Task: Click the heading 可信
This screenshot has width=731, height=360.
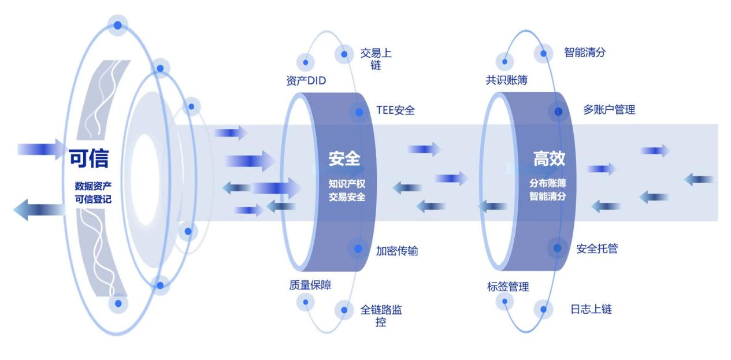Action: tap(89, 158)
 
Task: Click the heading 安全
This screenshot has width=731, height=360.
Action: tap(344, 158)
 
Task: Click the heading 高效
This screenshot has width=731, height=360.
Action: tap(549, 158)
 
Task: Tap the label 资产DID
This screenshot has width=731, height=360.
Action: tap(306, 81)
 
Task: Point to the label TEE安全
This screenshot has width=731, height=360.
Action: tap(395, 110)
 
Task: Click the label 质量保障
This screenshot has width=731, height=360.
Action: tap(310, 285)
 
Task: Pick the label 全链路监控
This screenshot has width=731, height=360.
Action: tap(381, 316)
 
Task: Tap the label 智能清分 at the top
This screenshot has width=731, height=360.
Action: tap(585, 53)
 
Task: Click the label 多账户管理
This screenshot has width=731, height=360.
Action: tap(609, 109)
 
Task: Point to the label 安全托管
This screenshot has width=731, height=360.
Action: tap(597, 248)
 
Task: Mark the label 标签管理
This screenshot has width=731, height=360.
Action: tap(508, 287)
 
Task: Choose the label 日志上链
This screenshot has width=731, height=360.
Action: tap(591, 309)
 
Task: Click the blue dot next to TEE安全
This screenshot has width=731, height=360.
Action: tap(359, 112)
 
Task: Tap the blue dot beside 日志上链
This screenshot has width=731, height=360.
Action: tap(543, 309)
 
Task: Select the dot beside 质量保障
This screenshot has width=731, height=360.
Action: tap(305, 301)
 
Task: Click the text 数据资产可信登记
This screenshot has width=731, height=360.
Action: tap(92, 192)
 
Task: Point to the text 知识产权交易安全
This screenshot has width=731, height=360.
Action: tap(347, 191)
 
